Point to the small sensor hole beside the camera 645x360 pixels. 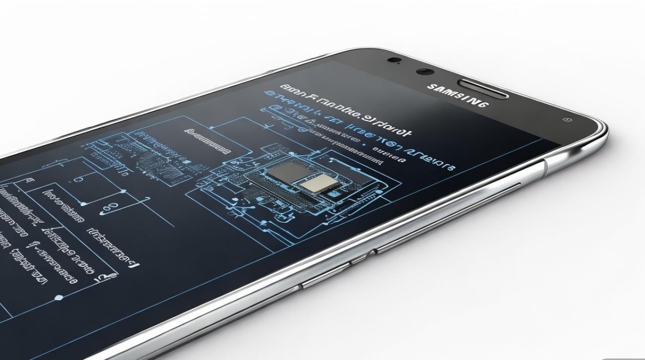[394, 60]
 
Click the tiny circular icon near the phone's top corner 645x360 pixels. [568, 119]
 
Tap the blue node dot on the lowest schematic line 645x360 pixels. [58, 298]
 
